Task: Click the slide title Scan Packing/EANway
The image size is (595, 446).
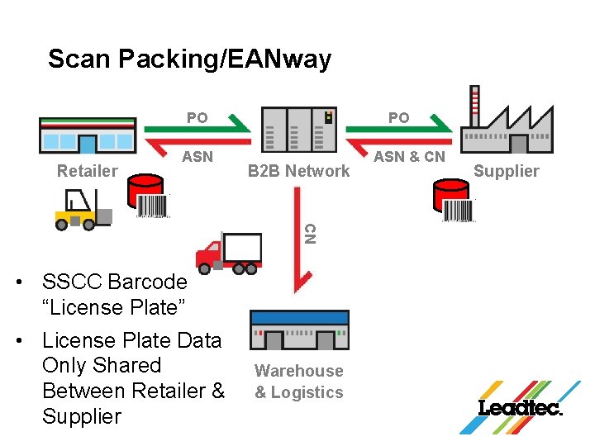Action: pyautogui.click(x=189, y=59)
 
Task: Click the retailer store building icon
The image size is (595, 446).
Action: pyautogui.click(x=88, y=135)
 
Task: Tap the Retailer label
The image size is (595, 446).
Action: pyautogui.click(x=87, y=171)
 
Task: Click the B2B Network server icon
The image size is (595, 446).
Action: pyautogui.click(x=298, y=130)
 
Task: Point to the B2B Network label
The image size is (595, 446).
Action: pyautogui.click(x=298, y=171)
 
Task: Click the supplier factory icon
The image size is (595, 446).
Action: pyautogui.click(x=505, y=123)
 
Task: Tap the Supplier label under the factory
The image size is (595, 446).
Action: pyautogui.click(x=506, y=171)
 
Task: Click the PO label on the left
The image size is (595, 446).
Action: pyautogui.click(x=197, y=118)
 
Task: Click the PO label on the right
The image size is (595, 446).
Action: pyautogui.click(x=398, y=118)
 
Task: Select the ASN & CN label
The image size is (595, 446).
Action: pyautogui.click(x=409, y=156)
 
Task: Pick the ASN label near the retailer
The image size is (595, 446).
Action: pyautogui.click(x=198, y=156)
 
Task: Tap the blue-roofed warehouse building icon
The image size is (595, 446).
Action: pyautogui.click(x=300, y=331)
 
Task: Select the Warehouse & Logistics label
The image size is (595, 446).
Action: pyautogui.click(x=298, y=382)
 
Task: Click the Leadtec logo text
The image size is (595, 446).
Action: pyautogui.click(x=520, y=408)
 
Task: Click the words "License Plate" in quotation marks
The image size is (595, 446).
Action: pyautogui.click(x=114, y=307)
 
